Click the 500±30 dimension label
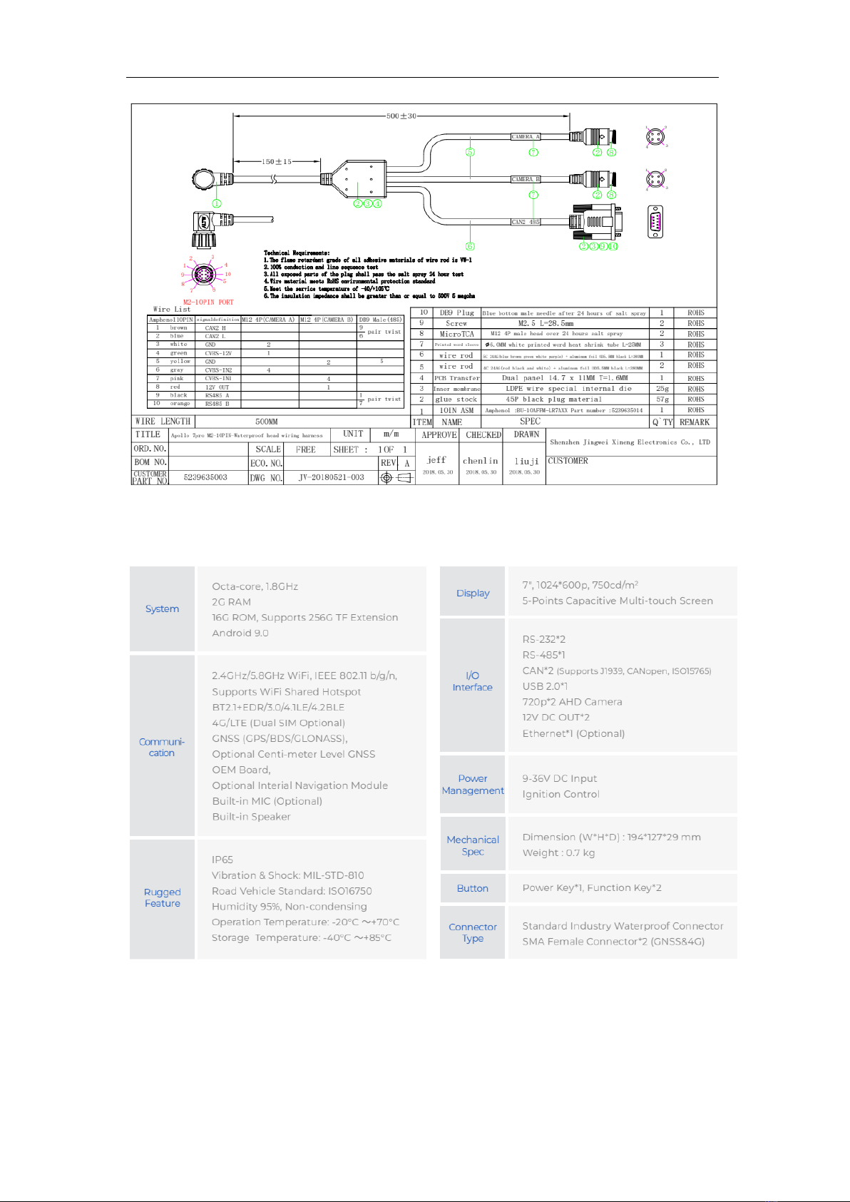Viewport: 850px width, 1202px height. point(401,116)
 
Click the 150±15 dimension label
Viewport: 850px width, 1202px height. point(277,162)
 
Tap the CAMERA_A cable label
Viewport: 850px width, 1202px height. point(526,136)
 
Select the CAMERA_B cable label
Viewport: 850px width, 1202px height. point(526,179)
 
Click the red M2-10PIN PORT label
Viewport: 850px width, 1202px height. point(208,302)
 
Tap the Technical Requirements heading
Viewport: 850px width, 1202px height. point(297,253)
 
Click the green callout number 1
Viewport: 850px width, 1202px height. point(217,203)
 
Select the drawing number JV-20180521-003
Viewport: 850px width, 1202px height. point(331,477)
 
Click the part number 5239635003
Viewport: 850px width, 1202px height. point(205,477)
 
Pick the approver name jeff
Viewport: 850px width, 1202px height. point(436,460)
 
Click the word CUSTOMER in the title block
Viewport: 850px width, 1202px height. point(568,461)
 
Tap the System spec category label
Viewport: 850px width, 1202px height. point(162,608)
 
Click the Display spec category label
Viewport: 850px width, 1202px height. point(473,593)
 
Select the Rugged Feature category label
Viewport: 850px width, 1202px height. point(163,897)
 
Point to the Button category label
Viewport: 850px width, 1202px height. point(473,888)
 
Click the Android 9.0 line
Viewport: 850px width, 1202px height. point(240,633)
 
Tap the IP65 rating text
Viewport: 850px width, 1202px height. point(222,860)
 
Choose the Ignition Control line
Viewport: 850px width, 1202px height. point(560,794)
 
